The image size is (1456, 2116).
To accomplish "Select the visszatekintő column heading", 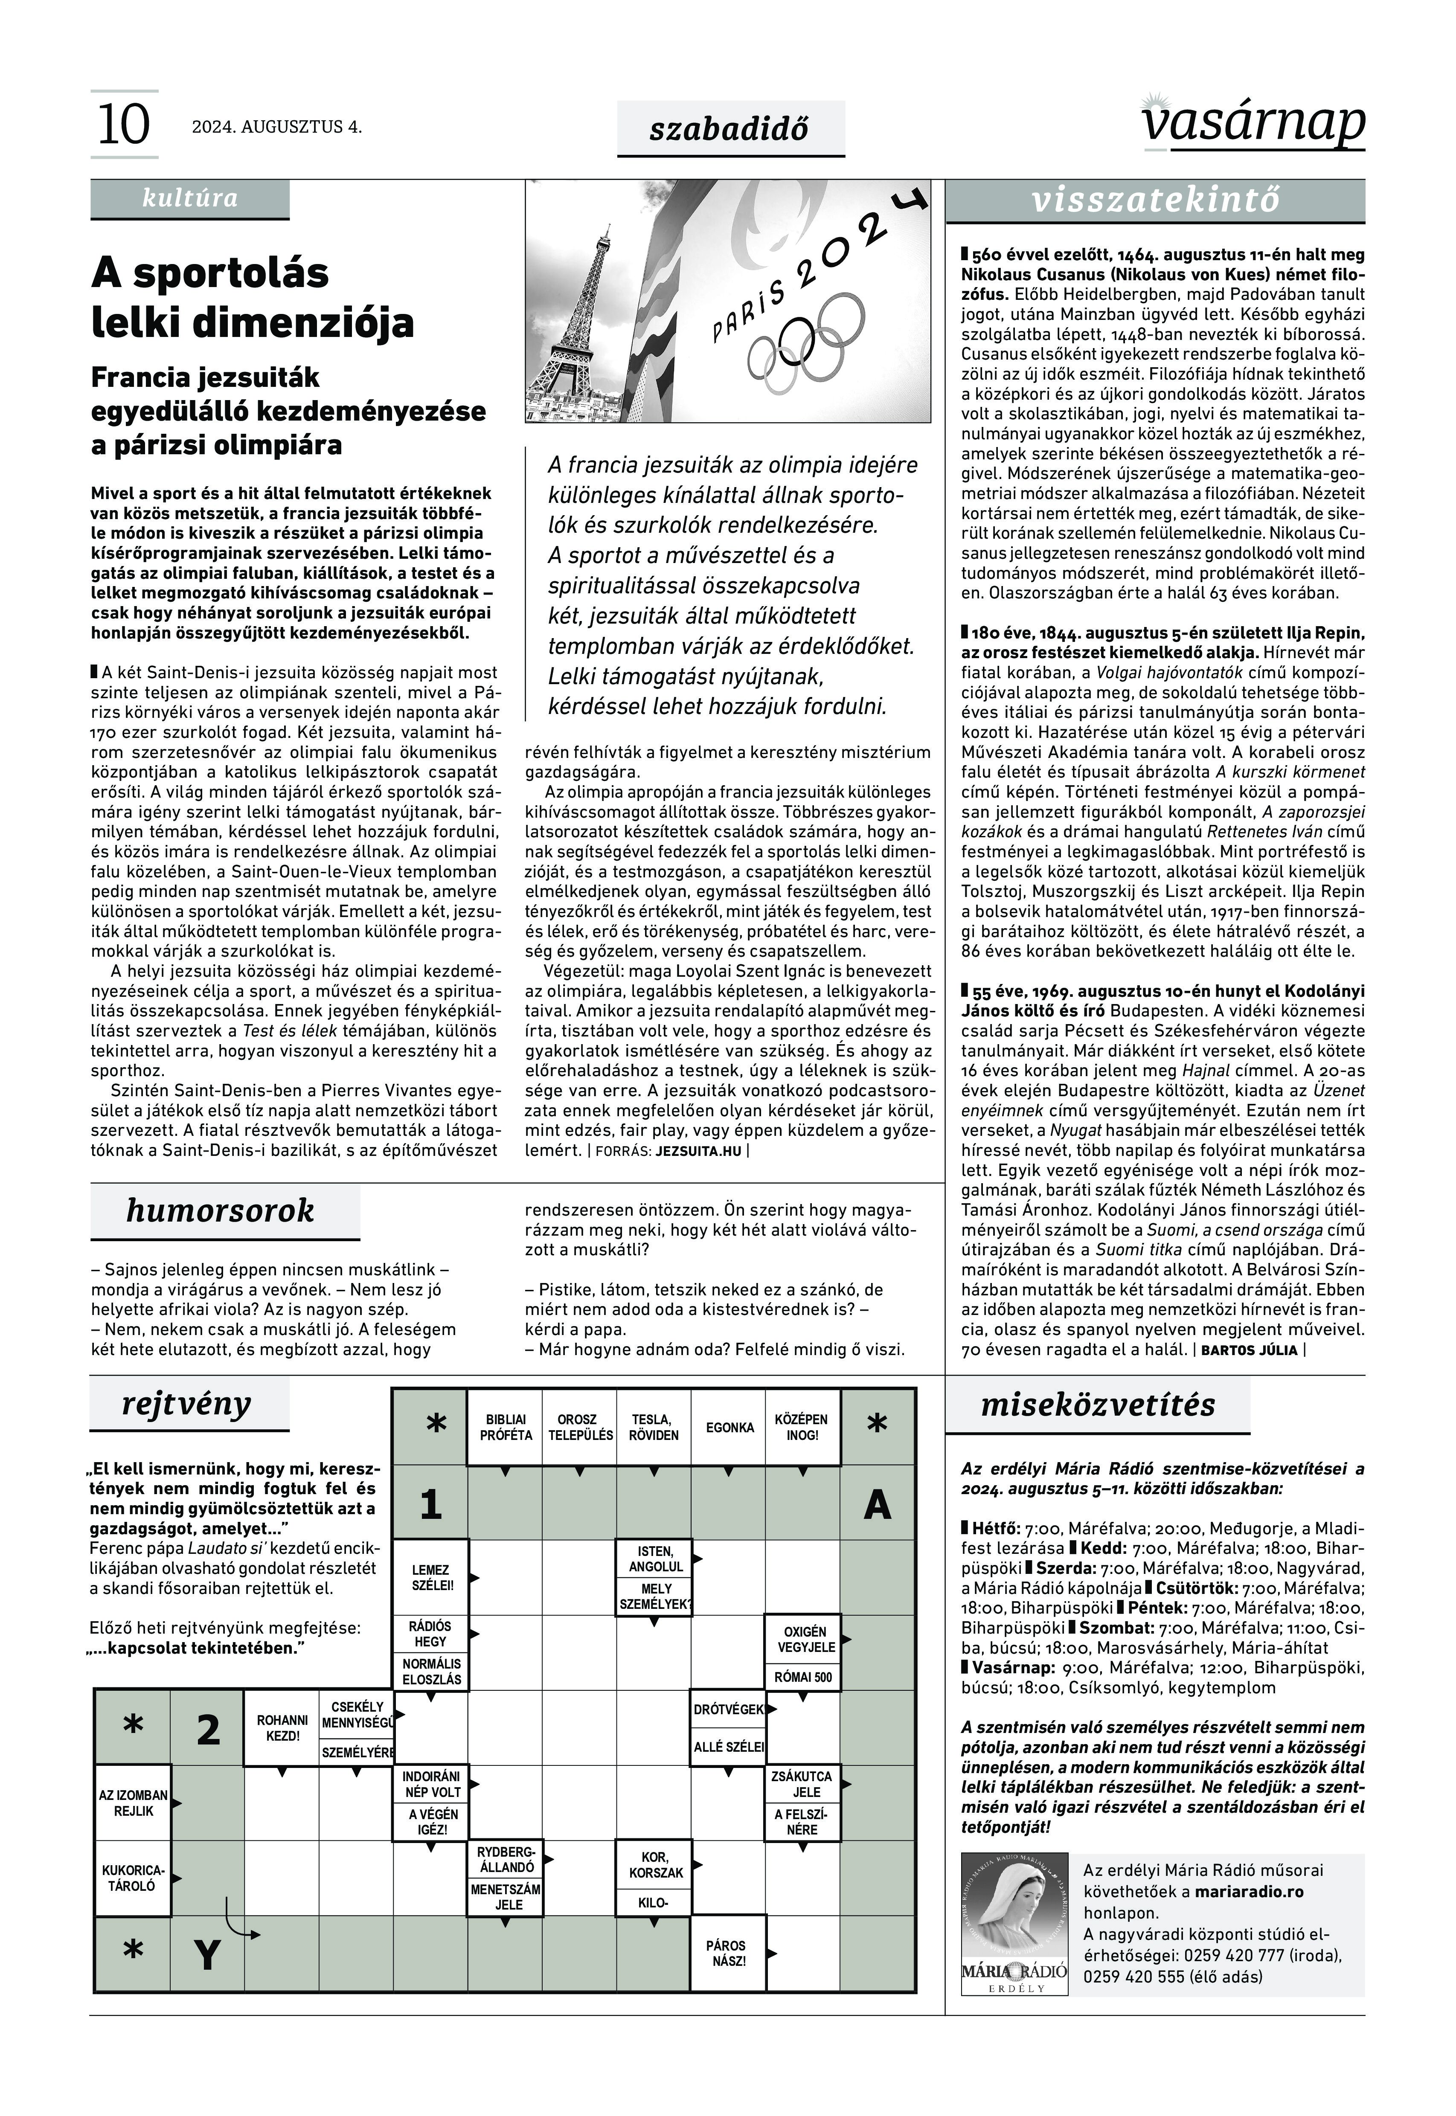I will [1155, 200].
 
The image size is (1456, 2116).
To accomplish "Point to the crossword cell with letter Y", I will [208, 1955].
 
